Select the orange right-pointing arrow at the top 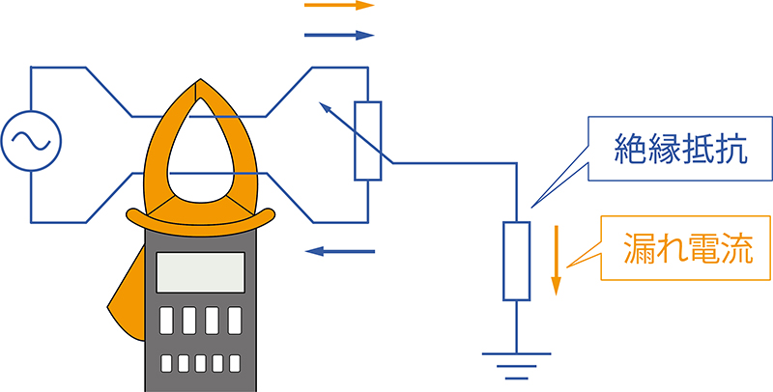(339, 6)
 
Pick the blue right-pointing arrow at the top (339, 36)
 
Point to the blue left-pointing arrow (339, 252)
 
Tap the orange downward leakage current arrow (556, 261)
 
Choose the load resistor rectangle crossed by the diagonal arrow (367, 141)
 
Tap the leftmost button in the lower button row (167, 364)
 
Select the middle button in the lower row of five (201, 364)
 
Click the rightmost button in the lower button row (235, 364)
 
